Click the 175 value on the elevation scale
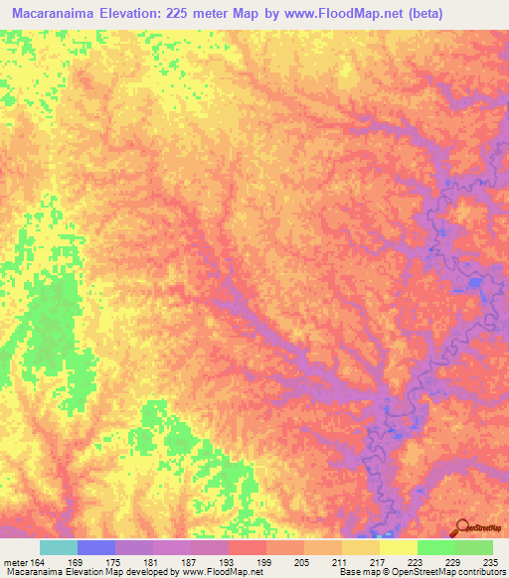pyautogui.click(x=135, y=561)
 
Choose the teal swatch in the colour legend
pyautogui.click(x=59, y=547)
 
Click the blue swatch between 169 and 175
pyautogui.click(x=96, y=547)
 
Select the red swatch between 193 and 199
pyautogui.click(x=248, y=547)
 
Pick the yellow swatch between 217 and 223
pyautogui.click(x=399, y=547)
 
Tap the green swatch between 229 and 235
pyautogui.click(x=474, y=547)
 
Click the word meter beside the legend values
pyautogui.click(x=17, y=561)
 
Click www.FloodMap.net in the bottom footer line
pyautogui.click(x=215, y=572)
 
